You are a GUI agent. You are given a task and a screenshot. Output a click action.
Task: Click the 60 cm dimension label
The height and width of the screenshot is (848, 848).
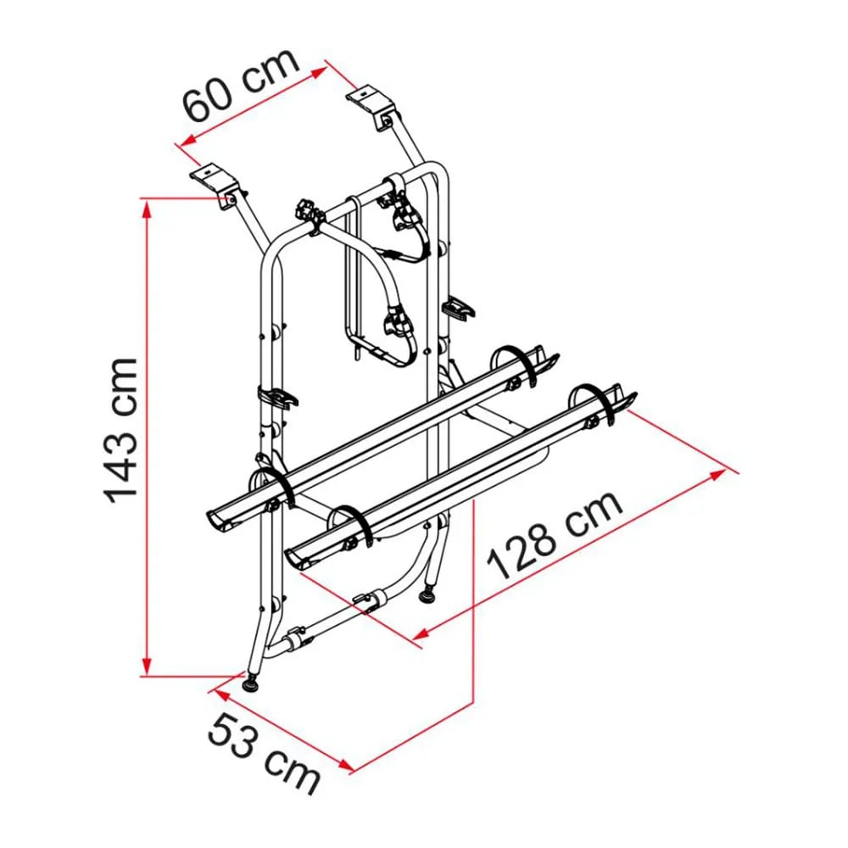pyautogui.click(x=241, y=85)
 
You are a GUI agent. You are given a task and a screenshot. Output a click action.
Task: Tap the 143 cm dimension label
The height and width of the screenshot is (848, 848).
pyautogui.click(x=120, y=431)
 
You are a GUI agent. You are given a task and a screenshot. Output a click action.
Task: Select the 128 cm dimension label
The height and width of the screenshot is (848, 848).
pyautogui.click(x=555, y=534)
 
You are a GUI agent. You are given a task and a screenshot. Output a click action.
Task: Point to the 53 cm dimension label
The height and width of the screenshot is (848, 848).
pyautogui.click(x=264, y=752)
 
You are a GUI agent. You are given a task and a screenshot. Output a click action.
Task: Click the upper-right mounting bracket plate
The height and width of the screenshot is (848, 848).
pyautogui.click(x=368, y=98)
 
